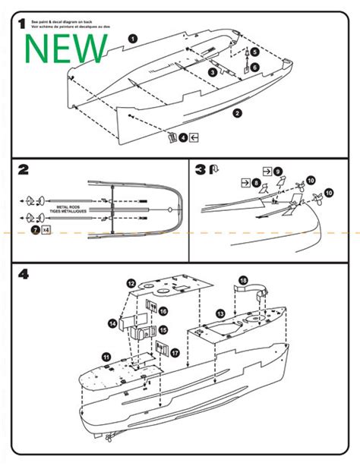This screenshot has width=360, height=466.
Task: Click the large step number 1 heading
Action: click(21, 24)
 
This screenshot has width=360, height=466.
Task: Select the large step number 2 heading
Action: click(24, 169)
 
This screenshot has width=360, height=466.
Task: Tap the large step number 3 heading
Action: click(201, 169)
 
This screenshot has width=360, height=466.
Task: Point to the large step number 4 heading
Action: click(24, 273)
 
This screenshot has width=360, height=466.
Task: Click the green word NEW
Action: click(67, 49)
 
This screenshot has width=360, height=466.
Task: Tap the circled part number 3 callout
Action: click(213, 71)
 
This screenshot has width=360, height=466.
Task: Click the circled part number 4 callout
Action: click(183, 137)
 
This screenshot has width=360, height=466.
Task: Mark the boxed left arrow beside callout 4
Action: click(196, 137)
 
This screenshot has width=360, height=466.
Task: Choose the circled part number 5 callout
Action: click(255, 52)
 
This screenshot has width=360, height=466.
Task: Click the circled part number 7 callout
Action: click(35, 228)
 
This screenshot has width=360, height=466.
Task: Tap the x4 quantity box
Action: click(47, 228)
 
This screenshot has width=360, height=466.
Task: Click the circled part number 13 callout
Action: click(219, 313)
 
